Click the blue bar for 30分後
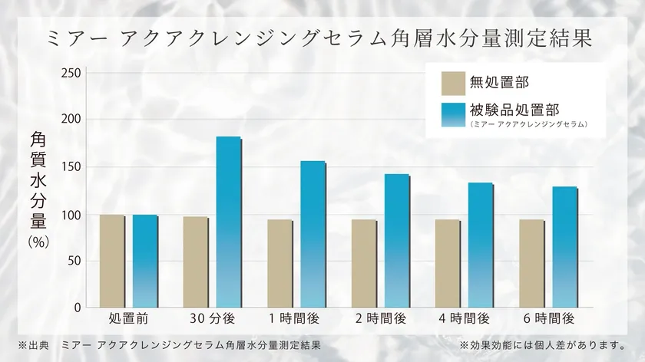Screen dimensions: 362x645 coord(228,222)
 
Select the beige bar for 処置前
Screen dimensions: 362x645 coord(112,261)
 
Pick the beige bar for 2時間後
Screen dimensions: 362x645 coord(364,264)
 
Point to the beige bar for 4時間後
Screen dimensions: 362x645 coord(448,264)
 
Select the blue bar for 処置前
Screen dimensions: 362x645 coord(144,261)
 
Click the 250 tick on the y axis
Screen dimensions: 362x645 coord(70,73)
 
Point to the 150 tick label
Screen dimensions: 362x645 coord(70,167)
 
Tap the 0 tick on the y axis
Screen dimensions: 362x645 coord(76,308)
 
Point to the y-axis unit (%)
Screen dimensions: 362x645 coord(38,240)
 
